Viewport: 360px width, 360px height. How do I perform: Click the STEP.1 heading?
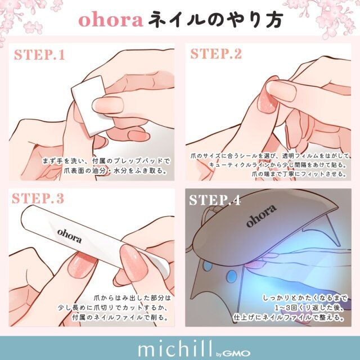47,56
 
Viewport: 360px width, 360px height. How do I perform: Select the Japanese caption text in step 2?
271,164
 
